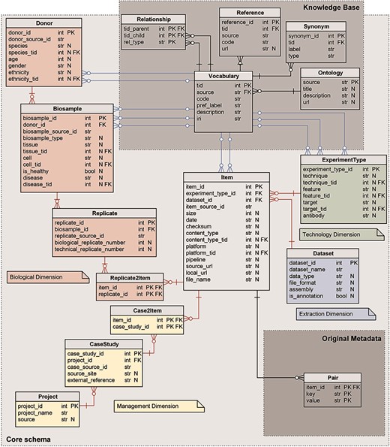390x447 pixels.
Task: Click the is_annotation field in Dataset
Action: click(x=306, y=297)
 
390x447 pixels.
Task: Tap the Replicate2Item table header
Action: click(x=129, y=277)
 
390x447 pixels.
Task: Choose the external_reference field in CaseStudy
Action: click(x=91, y=379)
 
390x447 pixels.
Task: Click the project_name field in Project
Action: click(x=40, y=412)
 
